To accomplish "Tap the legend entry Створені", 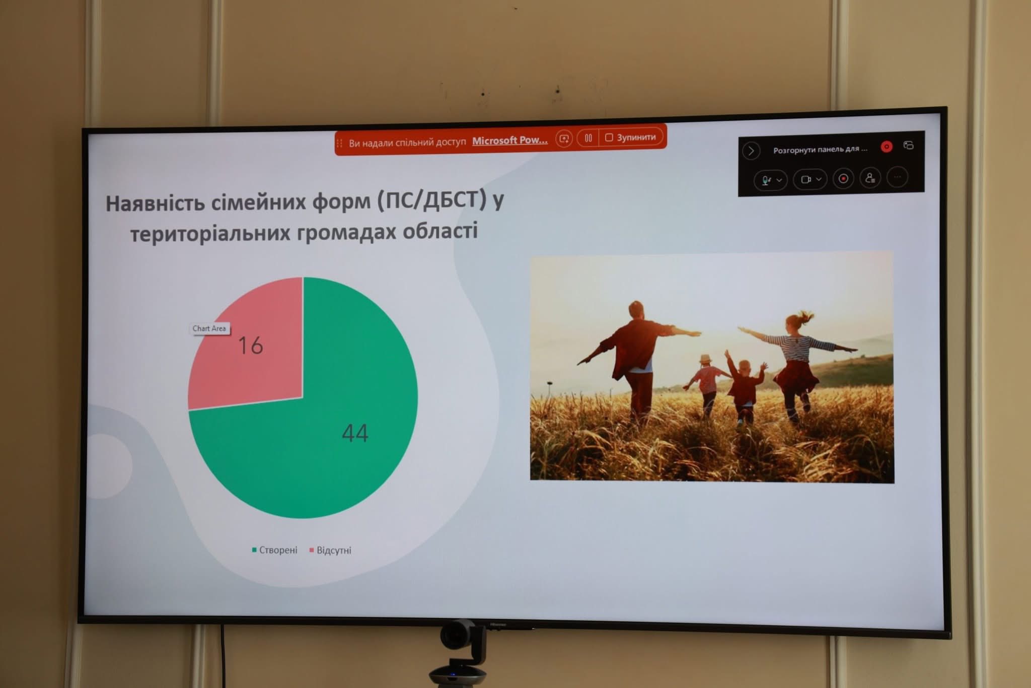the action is click(275, 550).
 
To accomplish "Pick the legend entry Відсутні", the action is click(330, 550).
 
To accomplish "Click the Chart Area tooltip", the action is click(209, 328).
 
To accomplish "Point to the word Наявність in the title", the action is click(155, 203).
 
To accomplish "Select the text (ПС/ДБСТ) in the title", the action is click(432, 200).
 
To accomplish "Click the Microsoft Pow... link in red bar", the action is click(509, 141).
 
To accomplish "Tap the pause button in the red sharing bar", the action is click(588, 137).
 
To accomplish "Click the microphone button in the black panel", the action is click(770, 180).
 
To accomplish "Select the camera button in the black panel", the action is click(809, 179).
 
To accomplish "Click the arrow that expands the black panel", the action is click(751, 151).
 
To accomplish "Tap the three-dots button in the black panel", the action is click(897, 177).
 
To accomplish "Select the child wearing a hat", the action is click(706, 383).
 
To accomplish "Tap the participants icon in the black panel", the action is click(870, 178).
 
